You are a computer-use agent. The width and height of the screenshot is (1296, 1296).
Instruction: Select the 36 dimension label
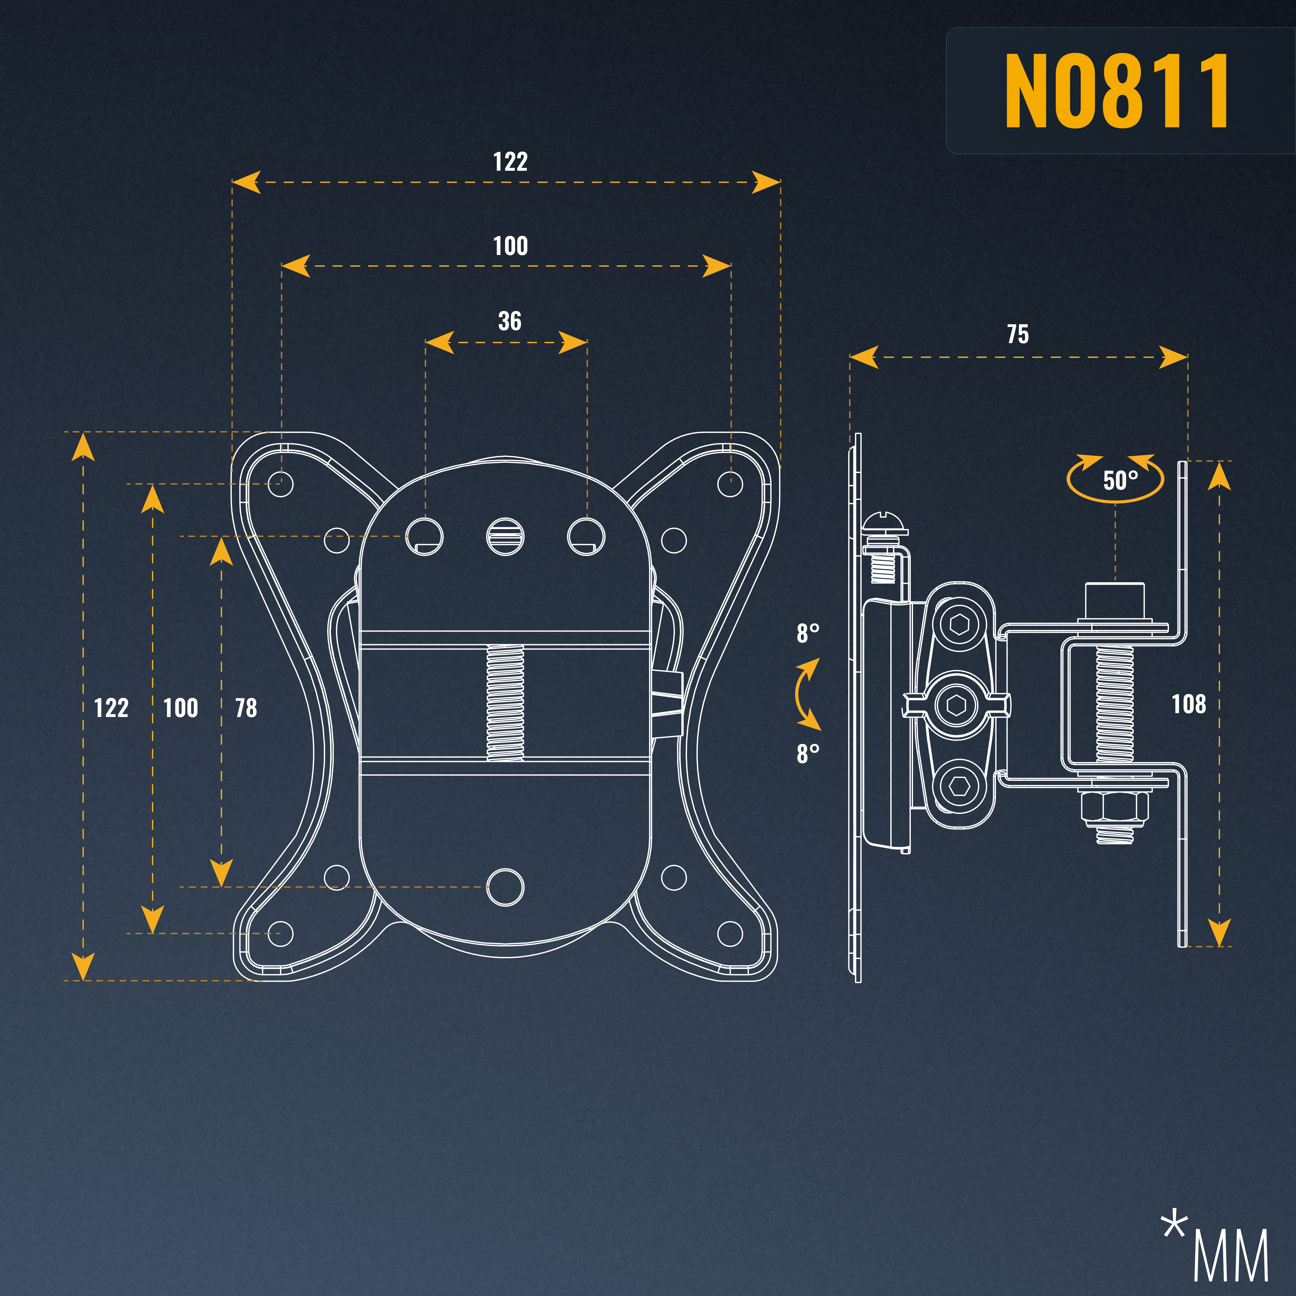pyautogui.click(x=510, y=321)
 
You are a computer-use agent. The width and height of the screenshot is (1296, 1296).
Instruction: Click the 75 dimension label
pyautogui.click(x=1018, y=334)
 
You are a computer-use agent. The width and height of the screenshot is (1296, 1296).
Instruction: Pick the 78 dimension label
pyautogui.click(x=246, y=708)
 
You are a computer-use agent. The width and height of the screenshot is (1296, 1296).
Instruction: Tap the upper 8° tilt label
pyautogui.click(x=808, y=632)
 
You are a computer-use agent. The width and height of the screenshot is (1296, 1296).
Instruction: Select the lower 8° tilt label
pyautogui.click(x=808, y=753)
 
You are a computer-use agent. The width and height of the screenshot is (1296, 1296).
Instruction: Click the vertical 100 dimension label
pyautogui.click(x=180, y=708)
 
